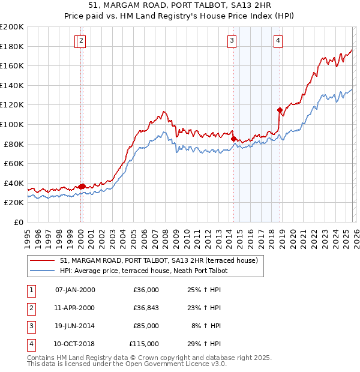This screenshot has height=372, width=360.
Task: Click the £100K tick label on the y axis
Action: point(12,124)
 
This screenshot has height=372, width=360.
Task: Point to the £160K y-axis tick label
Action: point(12,65)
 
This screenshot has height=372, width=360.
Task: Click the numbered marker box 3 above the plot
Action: point(232,41)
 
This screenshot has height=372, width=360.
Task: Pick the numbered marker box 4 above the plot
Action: point(278,41)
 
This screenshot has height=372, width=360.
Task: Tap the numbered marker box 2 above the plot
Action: point(82,41)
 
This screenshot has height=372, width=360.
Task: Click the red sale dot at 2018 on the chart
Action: point(280,110)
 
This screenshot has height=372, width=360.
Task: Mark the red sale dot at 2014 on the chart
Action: point(234,139)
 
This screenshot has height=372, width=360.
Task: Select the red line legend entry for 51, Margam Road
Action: point(159,260)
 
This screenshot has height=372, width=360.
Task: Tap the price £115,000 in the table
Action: point(144,344)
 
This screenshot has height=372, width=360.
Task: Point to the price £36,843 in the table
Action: point(146,308)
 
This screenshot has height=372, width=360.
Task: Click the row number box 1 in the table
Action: point(30,290)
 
